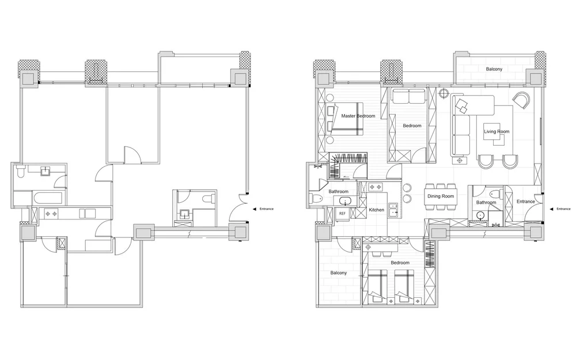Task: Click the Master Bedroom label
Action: click(x=358, y=116)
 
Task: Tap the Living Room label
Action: click(x=497, y=131)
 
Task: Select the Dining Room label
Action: click(x=441, y=196)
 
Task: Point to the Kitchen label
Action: click(x=377, y=210)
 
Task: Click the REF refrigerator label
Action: click(x=342, y=214)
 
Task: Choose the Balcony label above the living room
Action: click(x=494, y=69)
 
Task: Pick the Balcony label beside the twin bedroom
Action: click(x=338, y=273)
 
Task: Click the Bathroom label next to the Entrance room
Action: click(x=486, y=202)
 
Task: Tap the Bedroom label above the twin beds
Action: click(x=400, y=263)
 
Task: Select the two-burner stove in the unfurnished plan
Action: click(x=50, y=214)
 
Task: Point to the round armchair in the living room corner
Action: click(x=522, y=100)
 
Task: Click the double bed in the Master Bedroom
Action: click(x=344, y=119)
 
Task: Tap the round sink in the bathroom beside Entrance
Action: click(x=480, y=215)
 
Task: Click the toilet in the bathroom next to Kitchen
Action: click(x=316, y=199)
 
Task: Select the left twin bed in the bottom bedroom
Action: click(x=378, y=286)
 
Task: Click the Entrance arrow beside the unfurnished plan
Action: click(x=254, y=209)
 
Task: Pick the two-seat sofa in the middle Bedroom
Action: click(x=408, y=96)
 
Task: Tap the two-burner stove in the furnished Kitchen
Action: click(x=376, y=187)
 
